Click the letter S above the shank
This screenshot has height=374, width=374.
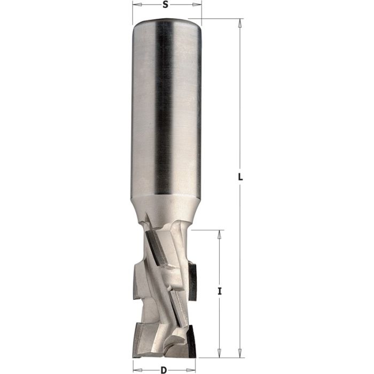click(166, 5)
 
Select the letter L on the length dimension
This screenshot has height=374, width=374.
click(240, 177)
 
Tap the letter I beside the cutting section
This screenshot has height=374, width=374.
click(220, 291)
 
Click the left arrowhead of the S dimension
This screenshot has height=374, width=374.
click(134, 6)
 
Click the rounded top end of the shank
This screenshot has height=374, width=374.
click(166, 22)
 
